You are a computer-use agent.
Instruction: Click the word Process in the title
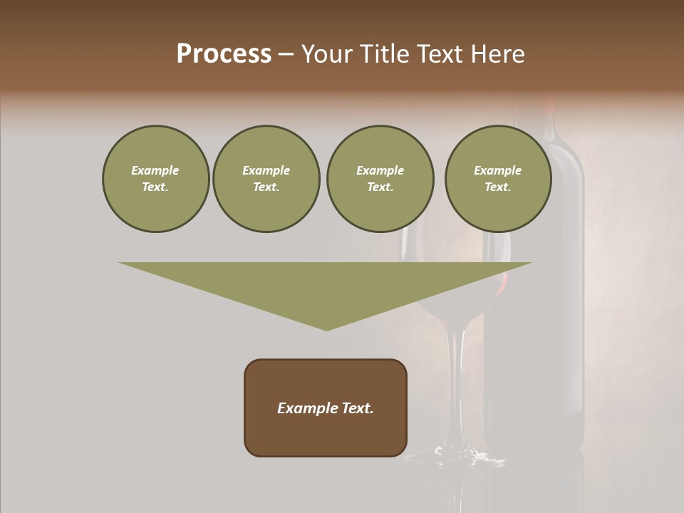click(x=224, y=54)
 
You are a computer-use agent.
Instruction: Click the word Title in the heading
click(x=383, y=54)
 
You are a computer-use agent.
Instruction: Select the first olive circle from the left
click(x=155, y=179)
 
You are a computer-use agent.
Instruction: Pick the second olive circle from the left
click(x=266, y=179)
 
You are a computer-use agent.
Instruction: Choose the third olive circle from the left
click(x=380, y=179)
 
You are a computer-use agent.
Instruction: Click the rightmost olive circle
click(x=497, y=179)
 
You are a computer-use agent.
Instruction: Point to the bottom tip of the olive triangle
click(x=326, y=328)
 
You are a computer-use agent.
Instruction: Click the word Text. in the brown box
click(x=358, y=408)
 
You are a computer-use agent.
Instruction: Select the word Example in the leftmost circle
click(x=155, y=170)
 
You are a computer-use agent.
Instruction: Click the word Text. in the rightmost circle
click(x=497, y=187)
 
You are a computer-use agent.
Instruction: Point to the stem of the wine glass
click(x=452, y=385)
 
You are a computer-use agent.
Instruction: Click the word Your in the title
click(x=325, y=54)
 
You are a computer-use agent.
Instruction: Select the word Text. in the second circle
click(x=266, y=187)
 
